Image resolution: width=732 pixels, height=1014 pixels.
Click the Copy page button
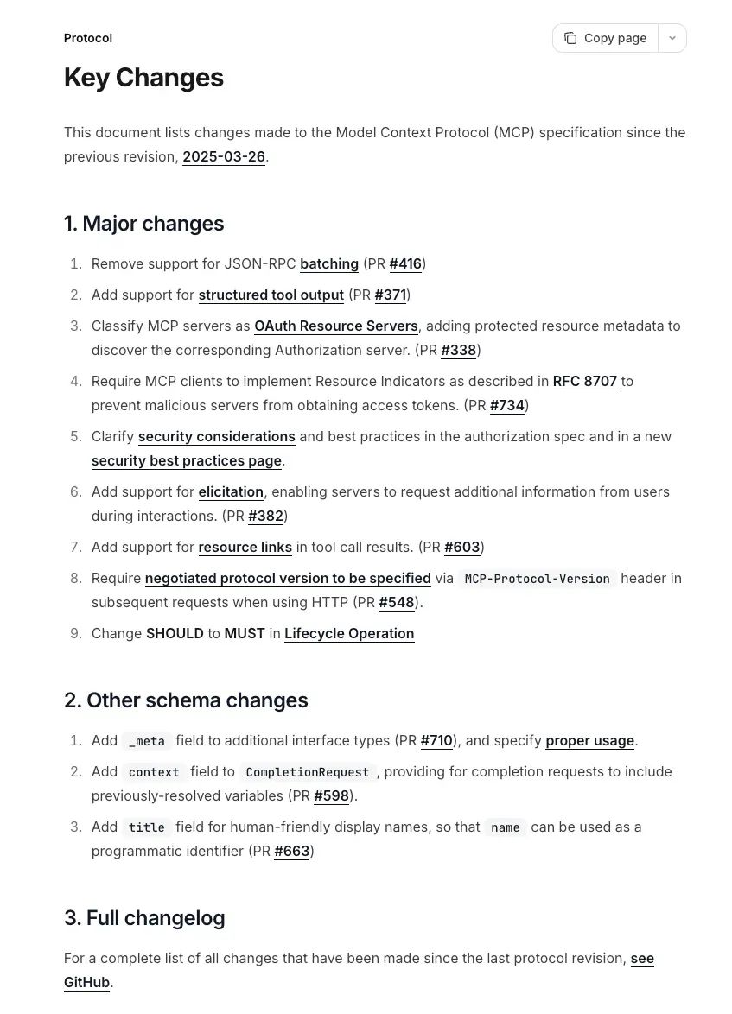pyautogui.click(x=606, y=38)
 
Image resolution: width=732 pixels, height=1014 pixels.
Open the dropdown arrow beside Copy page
pyautogui.click(x=672, y=38)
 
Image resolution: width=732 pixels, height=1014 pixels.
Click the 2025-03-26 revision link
pyautogui.click(x=224, y=157)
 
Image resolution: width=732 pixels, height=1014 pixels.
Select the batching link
pyautogui.click(x=329, y=264)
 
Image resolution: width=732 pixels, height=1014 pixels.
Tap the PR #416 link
pyautogui.click(x=405, y=264)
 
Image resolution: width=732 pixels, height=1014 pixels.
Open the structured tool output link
pyautogui.click(x=271, y=295)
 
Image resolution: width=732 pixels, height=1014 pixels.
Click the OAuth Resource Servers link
pyautogui.click(x=336, y=326)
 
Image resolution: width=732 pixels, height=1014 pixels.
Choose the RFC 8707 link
pyautogui.click(x=585, y=382)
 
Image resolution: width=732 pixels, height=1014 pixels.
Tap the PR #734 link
pyautogui.click(x=507, y=406)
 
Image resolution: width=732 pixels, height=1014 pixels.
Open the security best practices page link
pyautogui.click(x=187, y=461)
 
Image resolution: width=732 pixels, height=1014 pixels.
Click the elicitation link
pyautogui.click(x=231, y=492)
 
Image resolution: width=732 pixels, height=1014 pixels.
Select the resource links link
pyautogui.click(x=245, y=548)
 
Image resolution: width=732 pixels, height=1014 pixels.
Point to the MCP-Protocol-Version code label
pyautogui.click(x=537, y=579)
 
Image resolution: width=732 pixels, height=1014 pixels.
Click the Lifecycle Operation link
pyautogui.click(x=349, y=634)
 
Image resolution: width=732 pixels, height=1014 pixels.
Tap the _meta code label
pyautogui.click(x=146, y=741)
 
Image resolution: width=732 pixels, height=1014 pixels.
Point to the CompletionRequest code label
pyautogui.click(x=307, y=772)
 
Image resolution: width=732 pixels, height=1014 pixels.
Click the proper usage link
pyautogui.click(x=590, y=741)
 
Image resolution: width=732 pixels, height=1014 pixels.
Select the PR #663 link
pyautogui.click(x=292, y=852)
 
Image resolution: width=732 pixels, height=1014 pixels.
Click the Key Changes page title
pyautogui.click(x=143, y=78)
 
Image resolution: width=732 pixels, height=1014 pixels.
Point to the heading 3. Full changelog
pyautogui.click(x=144, y=917)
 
